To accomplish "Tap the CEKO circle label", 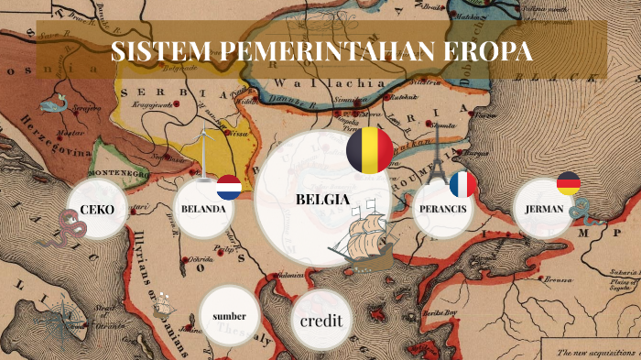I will coord(96,210).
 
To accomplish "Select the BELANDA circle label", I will coord(203,210).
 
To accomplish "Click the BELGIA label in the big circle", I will coord(323,199).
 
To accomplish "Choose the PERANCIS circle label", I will coord(442,210).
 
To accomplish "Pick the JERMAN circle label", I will coord(544,210).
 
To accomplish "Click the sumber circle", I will coord(229,317).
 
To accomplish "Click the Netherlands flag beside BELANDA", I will coord(228,189).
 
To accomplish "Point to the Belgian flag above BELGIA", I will coord(370,149).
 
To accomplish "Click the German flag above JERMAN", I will coord(568,183).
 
